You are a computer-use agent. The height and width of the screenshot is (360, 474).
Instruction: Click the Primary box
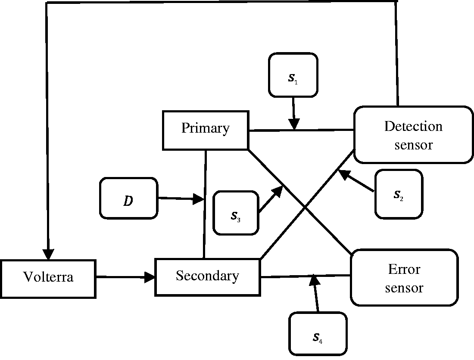pyautogui.click(x=206, y=130)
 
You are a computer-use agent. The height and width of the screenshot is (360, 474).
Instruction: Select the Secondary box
pyautogui.click(x=208, y=277)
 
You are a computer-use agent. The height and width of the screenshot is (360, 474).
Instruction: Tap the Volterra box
pyautogui.click(x=48, y=279)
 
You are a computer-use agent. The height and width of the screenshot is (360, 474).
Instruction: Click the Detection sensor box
pyautogui.click(x=413, y=135)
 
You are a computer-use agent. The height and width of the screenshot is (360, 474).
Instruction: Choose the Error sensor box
pyautogui.click(x=405, y=278)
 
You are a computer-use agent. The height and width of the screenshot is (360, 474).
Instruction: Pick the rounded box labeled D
pyautogui.click(x=129, y=198)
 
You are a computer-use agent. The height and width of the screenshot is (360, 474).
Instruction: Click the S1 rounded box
pyautogui.click(x=293, y=75)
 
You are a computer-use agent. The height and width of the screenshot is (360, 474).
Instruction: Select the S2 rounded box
pyautogui.click(x=399, y=194)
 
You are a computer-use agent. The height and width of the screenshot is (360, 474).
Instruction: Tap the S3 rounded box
pyautogui.click(x=236, y=213)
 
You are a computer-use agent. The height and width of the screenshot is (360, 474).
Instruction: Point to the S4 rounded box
pyautogui.click(x=318, y=334)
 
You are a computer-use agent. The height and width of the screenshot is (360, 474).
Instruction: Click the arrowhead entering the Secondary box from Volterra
pyautogui.click(x=150, y=276)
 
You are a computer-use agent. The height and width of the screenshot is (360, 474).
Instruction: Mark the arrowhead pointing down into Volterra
pyautogui.click(x=48, y=254)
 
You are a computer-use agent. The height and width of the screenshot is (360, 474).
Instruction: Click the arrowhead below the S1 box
pyautogui.click(x=294, y=124)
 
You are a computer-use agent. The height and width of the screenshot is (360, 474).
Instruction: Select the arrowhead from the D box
pyautogui.click(x=199, y=199)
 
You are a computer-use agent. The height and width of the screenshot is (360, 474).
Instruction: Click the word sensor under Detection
pyautogui.click(x=414, y=145)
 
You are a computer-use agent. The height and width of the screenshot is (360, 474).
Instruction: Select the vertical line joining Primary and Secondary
pyautogui.click(x=205, y=204)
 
